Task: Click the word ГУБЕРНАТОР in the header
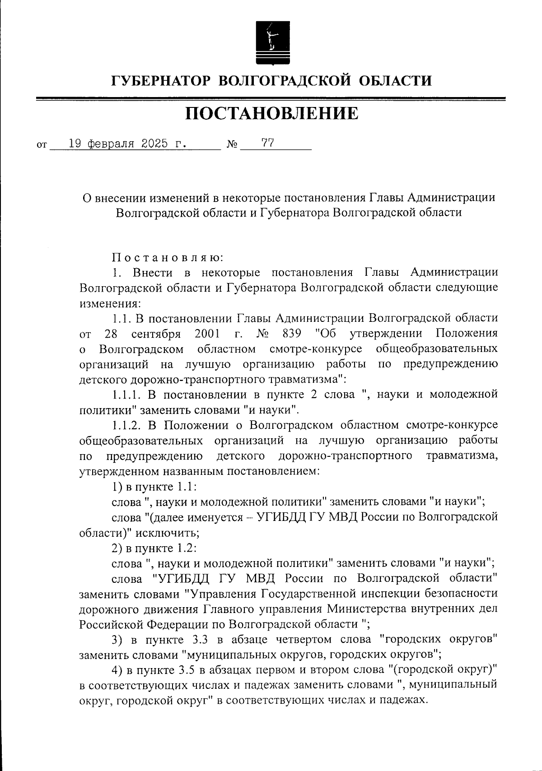pyautogui.click(x=161, y=81)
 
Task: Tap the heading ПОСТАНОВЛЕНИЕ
pyautogui.click(x=271, y=114)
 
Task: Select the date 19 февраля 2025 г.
pyautogui.click(x=128, y=144)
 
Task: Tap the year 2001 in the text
pyautogui.click(x=208, y=334)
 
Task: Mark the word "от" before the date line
pyautogui.click(x=41, y=146)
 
